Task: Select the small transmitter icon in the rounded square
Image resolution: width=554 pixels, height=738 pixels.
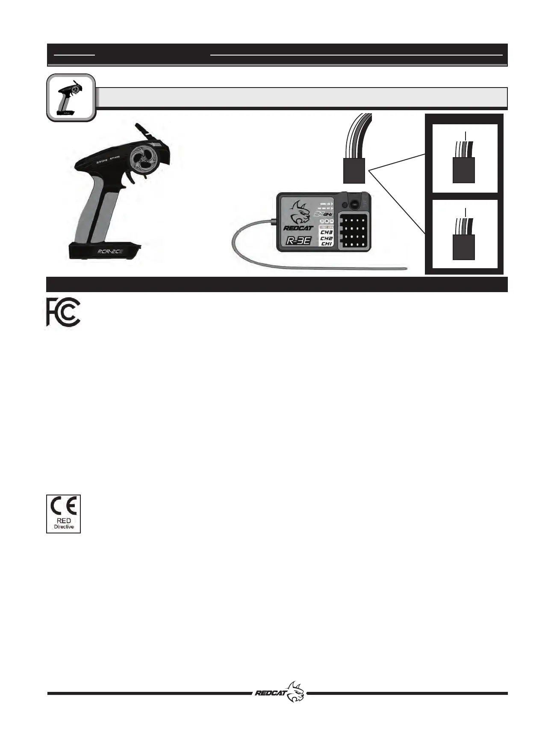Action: point(70,97)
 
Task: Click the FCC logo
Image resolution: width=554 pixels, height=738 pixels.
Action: point(63,312)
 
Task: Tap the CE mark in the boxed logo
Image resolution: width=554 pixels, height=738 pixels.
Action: point(63,507)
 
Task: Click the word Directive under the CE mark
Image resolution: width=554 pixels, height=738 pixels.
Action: point(63,527)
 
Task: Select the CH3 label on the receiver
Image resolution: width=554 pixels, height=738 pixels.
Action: point(327,233)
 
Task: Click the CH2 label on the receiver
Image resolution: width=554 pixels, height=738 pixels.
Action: point(327,238)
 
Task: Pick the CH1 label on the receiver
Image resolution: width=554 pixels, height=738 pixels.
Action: point(327,244)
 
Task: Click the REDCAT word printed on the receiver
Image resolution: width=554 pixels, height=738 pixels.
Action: point(298,228)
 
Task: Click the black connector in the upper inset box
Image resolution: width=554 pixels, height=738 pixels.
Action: point(463,170)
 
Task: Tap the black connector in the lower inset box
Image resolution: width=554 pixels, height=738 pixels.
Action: point(463,247)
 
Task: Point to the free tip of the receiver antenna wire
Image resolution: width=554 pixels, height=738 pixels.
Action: point(406,269)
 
